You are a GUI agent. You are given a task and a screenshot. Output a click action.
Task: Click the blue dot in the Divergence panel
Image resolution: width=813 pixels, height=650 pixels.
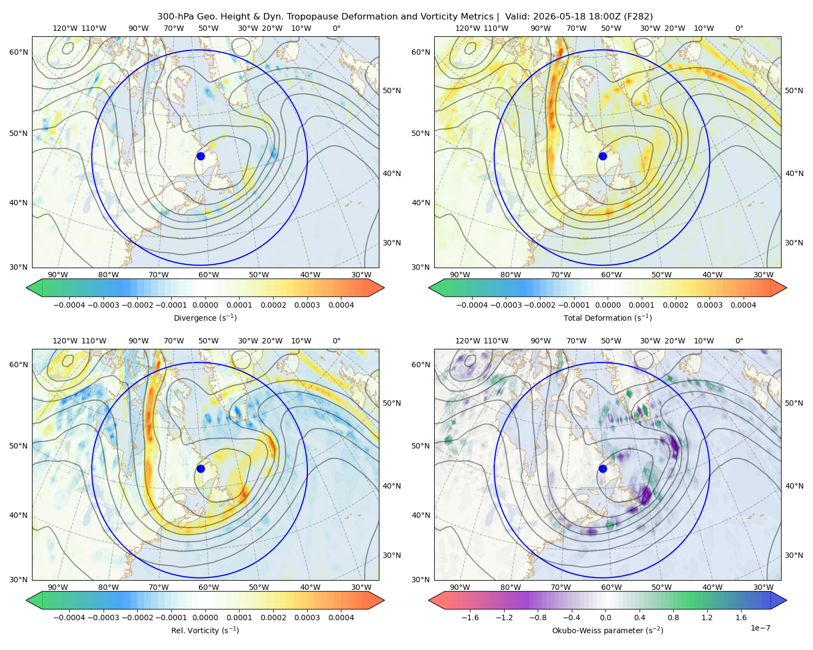[201, 156]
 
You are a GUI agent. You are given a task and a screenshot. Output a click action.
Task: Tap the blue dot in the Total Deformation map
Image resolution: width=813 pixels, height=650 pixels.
[603, 156]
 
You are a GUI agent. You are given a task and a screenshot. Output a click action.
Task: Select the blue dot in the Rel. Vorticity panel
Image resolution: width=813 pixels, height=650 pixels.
[201, 469]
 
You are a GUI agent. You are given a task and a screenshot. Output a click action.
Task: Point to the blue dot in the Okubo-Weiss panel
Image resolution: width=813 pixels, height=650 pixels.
[603, 469]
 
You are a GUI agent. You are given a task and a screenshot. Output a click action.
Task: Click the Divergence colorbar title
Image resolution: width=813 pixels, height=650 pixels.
[205, 317]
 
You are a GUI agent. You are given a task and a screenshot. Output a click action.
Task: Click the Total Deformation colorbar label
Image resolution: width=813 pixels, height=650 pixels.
[608, 317]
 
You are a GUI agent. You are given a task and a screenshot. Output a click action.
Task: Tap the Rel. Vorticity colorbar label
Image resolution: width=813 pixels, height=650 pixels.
[205, 630]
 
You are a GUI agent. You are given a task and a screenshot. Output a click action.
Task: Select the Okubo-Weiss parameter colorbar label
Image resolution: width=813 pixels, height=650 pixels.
[608, 630]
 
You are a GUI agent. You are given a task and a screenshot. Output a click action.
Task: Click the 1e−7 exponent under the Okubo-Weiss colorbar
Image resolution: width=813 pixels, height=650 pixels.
[760, 628]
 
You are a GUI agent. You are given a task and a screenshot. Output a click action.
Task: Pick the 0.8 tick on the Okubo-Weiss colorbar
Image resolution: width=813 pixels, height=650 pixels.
[673, 617]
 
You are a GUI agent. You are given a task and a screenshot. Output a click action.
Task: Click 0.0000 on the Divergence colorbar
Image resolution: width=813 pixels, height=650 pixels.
[205, 305]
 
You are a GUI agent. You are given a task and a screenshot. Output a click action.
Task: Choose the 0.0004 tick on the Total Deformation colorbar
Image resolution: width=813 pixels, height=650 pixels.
[743, 305]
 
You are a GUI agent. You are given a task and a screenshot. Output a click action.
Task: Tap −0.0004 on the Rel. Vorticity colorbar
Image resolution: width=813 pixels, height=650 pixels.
[69, 617]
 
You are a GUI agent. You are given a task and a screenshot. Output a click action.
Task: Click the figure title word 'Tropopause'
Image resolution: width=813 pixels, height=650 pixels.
[389, 17]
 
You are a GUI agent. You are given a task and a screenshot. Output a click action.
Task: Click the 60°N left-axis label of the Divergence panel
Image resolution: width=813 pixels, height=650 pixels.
[18, 52]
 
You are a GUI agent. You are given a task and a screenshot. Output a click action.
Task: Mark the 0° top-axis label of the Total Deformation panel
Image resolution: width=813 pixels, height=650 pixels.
[739, 28]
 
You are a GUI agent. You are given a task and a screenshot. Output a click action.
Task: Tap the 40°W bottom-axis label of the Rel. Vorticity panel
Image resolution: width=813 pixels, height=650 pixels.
[310, 587]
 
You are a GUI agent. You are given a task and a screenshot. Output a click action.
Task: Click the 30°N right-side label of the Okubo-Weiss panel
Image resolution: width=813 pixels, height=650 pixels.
[793, 555]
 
